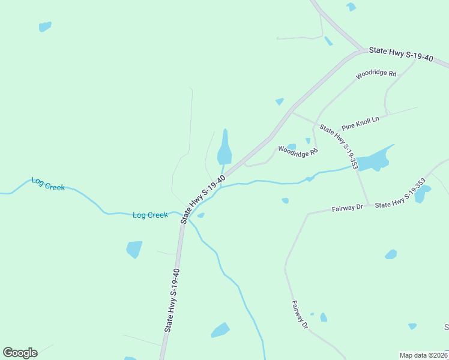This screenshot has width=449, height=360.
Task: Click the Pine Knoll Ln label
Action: [x=360, y=124]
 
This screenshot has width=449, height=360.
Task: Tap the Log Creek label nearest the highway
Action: [x=150, y=215]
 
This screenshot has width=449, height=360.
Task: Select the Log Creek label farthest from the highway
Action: [x=47, y=185]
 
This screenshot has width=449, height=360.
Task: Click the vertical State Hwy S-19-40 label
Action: [x=172, y=300]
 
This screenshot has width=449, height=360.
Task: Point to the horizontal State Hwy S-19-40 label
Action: [x=401, y=53]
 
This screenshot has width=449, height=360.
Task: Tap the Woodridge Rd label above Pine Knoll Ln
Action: [x=376, y=74]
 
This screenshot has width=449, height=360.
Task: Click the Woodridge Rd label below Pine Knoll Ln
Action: [x=297, y=153]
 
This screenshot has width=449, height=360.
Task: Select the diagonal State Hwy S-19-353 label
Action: [x=339, y=146]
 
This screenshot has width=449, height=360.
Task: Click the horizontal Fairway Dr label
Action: [x=348, y=208]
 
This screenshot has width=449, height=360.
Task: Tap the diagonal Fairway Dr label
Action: [x=300, y=314]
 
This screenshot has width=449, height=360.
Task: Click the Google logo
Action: [x=20, y=352]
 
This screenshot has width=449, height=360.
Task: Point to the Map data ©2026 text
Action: [x=423, y=355]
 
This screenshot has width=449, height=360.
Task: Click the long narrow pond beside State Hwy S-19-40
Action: [x=224, y=149]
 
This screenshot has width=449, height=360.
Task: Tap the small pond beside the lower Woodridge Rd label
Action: [x=292, y=146]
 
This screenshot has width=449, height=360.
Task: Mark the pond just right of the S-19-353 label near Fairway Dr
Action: [x=422, y=194]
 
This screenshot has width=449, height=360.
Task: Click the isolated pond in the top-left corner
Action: [x=44, y=27]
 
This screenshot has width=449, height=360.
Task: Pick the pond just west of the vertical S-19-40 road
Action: [x=134, y=248]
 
